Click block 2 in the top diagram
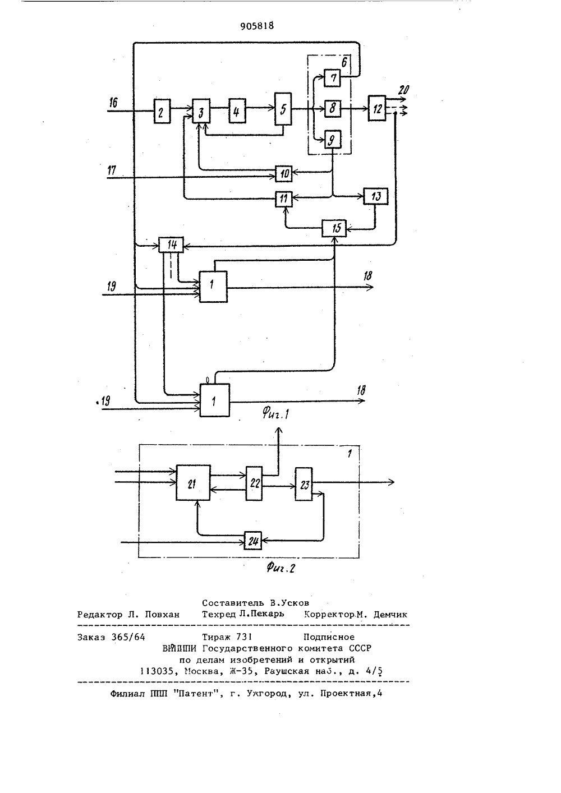tap(162, 111)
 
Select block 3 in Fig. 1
tap(201, 111)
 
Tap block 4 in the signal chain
tap(237, 111)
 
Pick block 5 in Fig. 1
tap(283, 109)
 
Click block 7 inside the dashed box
tap(333, 78)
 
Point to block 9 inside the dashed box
tap(333, 140)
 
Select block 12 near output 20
tap(377, 108)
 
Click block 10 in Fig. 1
tap(284, 173)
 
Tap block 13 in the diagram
tap(376, 196)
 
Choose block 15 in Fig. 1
tap(334, 228)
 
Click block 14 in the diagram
tap(171, 245)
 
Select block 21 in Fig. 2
tap(193, 482)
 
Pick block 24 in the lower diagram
tap(253, 541)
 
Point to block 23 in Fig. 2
tap(304, 484)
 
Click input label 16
tap(113, 103)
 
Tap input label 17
tap(112, 170)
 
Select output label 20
tap(404, 90)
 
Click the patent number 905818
tap(257, 26)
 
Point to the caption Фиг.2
tap(281, 568)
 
